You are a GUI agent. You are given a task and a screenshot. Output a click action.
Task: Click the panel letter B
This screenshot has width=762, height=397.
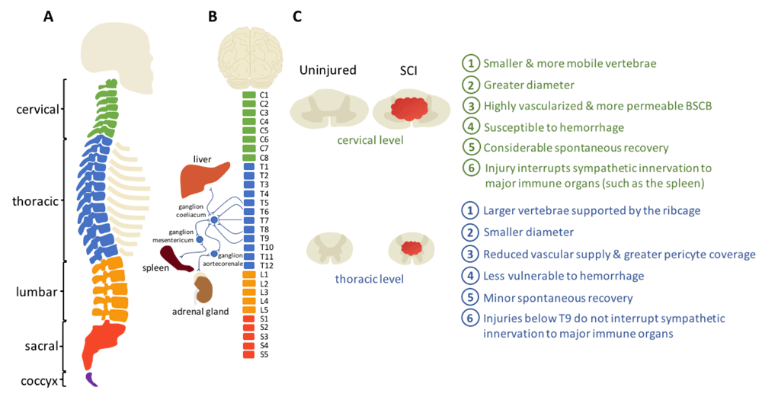pos(213,17)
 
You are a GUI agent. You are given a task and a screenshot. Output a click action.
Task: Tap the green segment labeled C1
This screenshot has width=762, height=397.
pos(249,95)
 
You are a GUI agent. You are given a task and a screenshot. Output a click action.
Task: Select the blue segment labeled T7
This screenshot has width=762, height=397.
pos(249,221)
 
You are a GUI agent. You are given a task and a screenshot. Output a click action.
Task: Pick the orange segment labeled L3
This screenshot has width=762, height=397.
pos(249,292)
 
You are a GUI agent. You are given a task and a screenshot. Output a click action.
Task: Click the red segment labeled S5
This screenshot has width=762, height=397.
pos(249,355)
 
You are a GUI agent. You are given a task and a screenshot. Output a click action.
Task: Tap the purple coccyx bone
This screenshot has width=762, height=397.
pos(91,379)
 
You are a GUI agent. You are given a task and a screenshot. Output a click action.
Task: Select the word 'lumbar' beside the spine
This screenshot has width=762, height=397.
pos(37,292)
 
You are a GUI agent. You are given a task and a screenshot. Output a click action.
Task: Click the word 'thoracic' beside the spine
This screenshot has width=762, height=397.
pos(36,201)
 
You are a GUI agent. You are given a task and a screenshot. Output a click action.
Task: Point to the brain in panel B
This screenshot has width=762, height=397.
pos(250,58)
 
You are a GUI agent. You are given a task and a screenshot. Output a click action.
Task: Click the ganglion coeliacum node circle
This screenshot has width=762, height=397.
pos(214,220)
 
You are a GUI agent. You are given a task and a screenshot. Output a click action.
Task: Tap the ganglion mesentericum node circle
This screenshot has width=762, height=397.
pos(199,239)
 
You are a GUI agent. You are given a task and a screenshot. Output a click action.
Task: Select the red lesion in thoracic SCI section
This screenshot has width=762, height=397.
pos(411,248)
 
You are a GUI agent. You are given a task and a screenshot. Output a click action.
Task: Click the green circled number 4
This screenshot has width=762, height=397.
pos(470,126)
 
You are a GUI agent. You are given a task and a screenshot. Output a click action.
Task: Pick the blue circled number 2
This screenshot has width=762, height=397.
pos(470,232)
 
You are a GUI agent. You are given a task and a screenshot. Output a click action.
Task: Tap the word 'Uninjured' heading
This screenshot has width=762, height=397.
pos(328,70)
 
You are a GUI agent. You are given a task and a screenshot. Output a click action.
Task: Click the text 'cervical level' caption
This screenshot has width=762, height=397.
pos(370,140)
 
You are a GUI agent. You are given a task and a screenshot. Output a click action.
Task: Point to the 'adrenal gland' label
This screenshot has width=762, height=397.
pos(200,312)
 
